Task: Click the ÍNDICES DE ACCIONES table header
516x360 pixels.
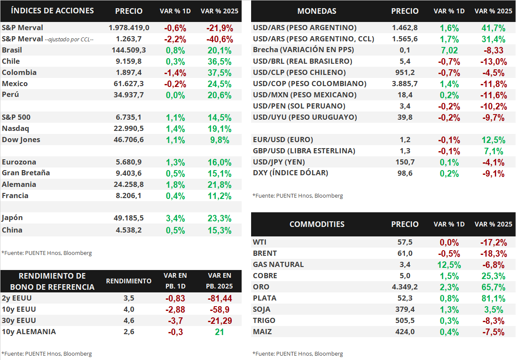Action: [x=52, y=11]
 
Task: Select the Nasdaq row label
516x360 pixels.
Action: [x=16, y=128]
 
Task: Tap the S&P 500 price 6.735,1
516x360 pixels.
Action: [x=129, y=117]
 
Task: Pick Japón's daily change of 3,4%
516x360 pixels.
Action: [x=175, y=219]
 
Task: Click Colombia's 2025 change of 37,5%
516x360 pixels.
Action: [x=220, y=73]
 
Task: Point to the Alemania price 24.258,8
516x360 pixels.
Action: [x=129, y=184]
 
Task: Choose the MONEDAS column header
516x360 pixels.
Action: [x=317, y=11]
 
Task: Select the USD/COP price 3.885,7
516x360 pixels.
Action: [x=405, y=84]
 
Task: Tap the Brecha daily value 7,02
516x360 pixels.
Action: [x=449, y=50]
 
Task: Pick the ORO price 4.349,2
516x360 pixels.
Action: [x=405, y=287]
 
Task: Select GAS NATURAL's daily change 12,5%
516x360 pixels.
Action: [x=449, y=265]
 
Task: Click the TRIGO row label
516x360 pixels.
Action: [x=264, y=320]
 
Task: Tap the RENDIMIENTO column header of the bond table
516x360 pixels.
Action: [x=129, y=281]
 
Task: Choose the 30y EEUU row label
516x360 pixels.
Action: [x=19, y=320]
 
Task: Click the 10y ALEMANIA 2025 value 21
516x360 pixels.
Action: [x=220, y=332]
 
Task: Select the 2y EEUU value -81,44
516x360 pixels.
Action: [x=220, y=298]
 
